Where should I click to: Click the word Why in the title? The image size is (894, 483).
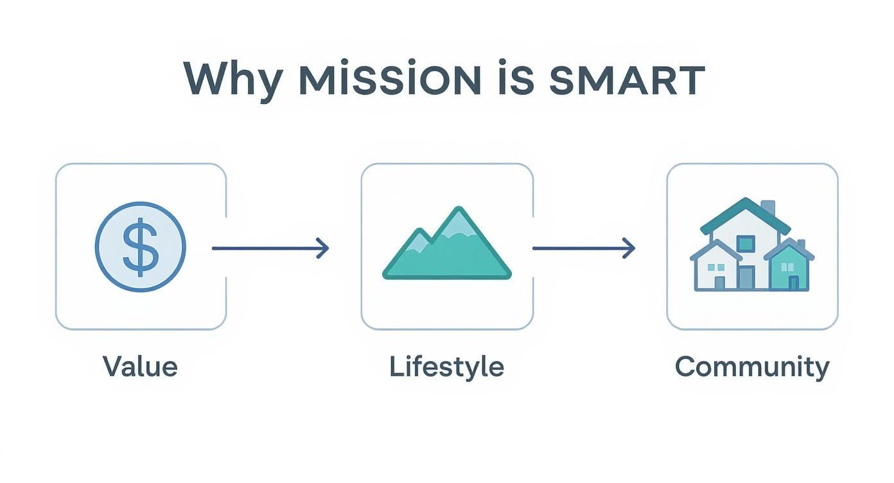pyautogui.click(x=232, y=80)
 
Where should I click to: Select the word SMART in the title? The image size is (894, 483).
pyautogui.click(x=626, y=80)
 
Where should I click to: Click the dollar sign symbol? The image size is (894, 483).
pyautogui.click(x=140, y=247)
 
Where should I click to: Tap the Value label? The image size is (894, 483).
pyautogui.click(x=140, y=367)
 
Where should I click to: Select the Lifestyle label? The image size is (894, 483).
pyautogui.click(x=446, y=367)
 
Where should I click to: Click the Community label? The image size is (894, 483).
pyautogui.click(x=752, y=367)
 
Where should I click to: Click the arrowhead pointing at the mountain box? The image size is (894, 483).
pyautogui.click(x=323, y=247)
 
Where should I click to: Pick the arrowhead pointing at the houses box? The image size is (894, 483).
pyautogui.click(x=629, y=247)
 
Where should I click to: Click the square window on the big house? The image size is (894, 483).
pyautogui.click(x=746, y=243)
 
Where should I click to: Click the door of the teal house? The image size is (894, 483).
pyautogui.click(x=794, y=282)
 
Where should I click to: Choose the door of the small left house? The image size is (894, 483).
pyautogui.click(x=719, y=282)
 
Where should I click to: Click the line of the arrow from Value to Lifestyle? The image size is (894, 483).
pyautogui.click(x=263, y=247)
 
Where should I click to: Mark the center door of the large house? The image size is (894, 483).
pyautogui.click(x=746, y=277)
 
